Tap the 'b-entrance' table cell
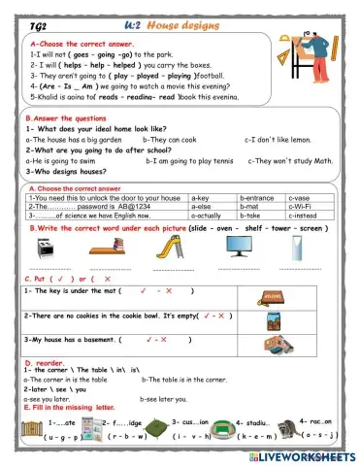coord(256,197)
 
